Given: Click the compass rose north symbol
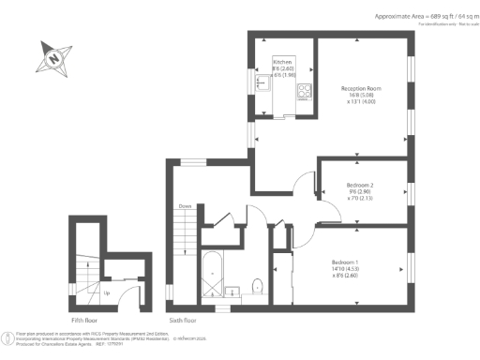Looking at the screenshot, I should coord(54,60).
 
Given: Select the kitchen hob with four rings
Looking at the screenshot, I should coord(305,91).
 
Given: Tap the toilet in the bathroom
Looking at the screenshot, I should coord(260,284).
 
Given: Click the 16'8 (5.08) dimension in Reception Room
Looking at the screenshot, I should coord(361,96).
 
